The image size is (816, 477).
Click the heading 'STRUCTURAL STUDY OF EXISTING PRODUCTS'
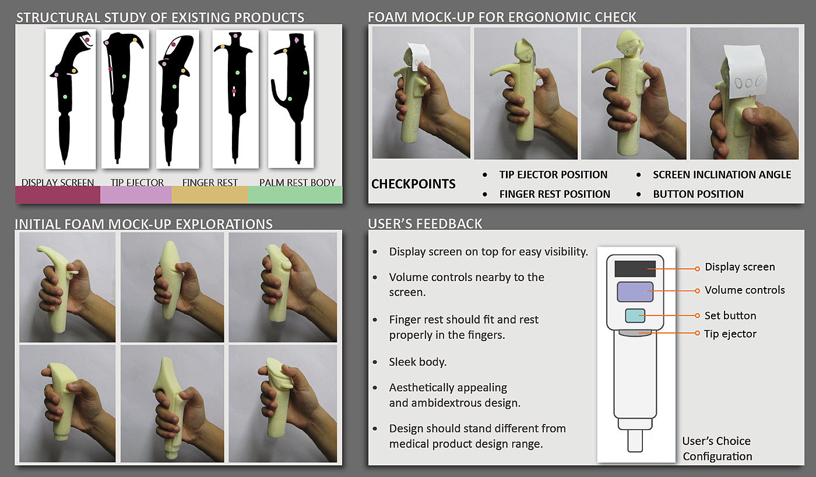pyautogui.click(x=160, y=17)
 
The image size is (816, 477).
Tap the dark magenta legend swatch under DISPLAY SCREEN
pyautogui.click(x=58, y=195)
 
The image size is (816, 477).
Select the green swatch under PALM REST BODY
pyautogui.click(x=295, y=195)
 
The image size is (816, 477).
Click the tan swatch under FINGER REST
pyautogui.click(x=210, y=195)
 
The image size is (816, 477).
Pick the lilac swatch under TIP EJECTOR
pyautogui.click(x=136, y=195)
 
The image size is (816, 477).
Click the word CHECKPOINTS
pyautogui.click(x=413, y=184)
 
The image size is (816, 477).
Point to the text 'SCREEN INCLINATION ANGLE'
pyautogui.click(x=722, y=174)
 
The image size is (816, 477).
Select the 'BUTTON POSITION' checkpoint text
pyautogui.click(x=698, y=194)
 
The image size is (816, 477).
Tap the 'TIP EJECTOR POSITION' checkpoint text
pyautogui.click(x=553, y=174)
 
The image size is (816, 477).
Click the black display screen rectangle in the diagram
pyautogui.click(x=635, y=269)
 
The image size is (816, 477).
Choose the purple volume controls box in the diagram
pyautogui.click(x=635, y=292)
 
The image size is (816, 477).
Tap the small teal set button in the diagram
pyautogui.click(x=635, y=315)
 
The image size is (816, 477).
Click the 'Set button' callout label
pyautogui.click(x=730, y=315)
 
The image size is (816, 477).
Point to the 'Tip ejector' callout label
pyautogui.click(x=730, y=334)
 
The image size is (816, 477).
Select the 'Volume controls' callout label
pyautogui.click(x=745, y=290)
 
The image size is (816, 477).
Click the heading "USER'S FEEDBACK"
pyautogui.click(x=425, y=224)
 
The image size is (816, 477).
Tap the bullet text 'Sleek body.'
pyautogui.click(x=417, y=362)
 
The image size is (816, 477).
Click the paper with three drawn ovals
pyautogui.click(x=745, y=73)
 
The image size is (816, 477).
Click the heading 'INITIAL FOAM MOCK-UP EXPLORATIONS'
pyautogui.click(x=143, y=224)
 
